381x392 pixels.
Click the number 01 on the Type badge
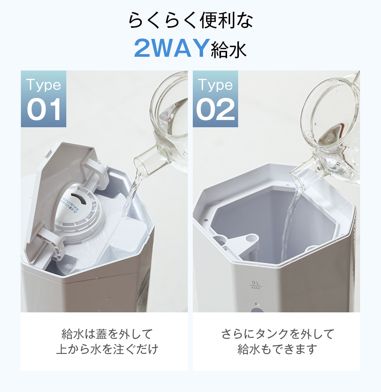(x=44, y=110)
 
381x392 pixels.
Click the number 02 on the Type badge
(x=216, y=110)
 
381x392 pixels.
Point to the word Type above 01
(x=43, y=85)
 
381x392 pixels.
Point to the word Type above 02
(x=215, y=85)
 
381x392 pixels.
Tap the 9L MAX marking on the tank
(x=256, y=285)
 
